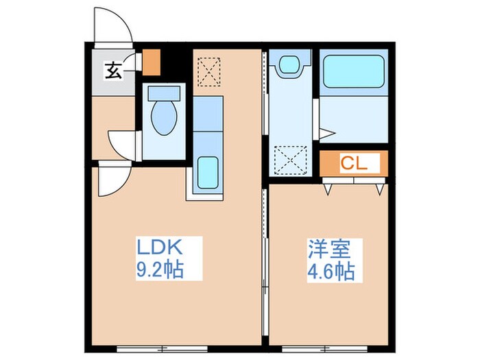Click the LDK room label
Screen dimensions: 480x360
tap(160, 247)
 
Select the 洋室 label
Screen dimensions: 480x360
tap(329, 250)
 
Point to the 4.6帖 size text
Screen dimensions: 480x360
tap(331, 272)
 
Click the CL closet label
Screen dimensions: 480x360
tap(354, 163)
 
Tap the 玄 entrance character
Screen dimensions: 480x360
tap(114, 71)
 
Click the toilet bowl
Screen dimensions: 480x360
tap(164, 118)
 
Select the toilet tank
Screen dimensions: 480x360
tap(164, 93)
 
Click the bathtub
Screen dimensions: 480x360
tap(354, 71)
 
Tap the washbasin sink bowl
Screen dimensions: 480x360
tap(289, 64)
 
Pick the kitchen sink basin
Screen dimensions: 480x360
tap(208, 173)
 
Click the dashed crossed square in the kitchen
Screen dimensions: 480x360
tap(209, 72)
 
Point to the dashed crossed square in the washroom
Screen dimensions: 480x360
tap(291, 160)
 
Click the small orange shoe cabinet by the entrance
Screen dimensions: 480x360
tap(152, 62)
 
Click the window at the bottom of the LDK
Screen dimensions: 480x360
tap(163, 348)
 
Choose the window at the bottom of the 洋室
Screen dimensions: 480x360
tap(325, 348)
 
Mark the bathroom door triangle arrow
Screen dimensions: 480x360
tap(327, 134)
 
